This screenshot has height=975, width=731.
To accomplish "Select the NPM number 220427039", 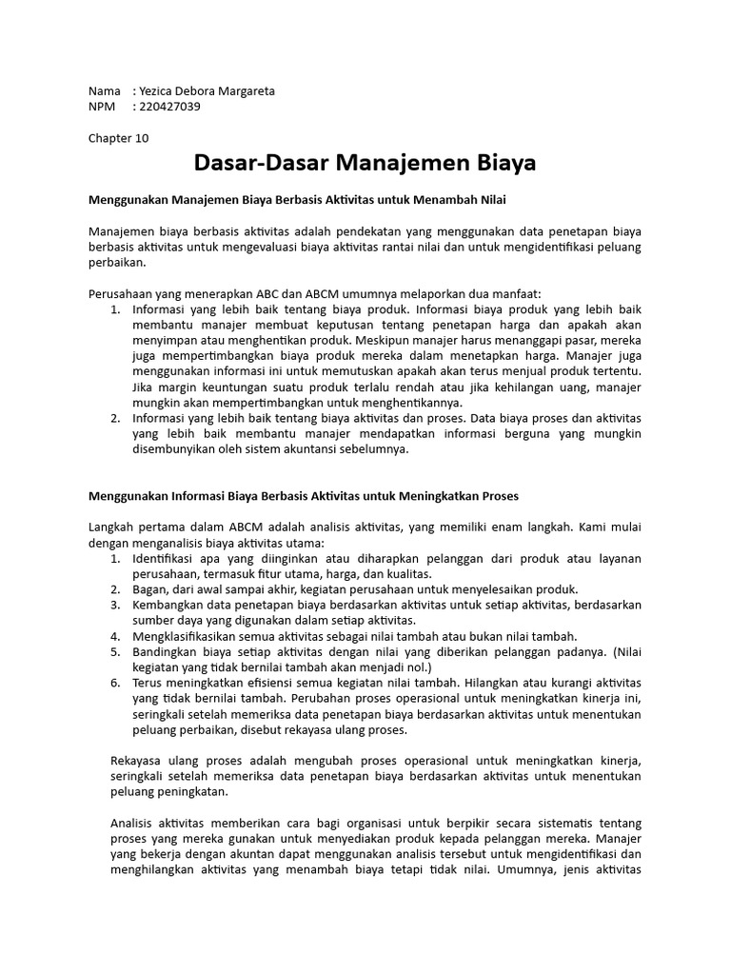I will (x=169, y=107).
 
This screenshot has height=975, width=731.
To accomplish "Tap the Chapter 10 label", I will (x=119, y=137).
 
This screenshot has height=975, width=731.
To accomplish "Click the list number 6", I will (x=115, y=684).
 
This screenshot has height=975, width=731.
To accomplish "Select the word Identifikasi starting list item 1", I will (x=172, y=558).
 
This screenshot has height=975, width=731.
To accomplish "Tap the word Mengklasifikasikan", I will (x=191, y=636).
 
